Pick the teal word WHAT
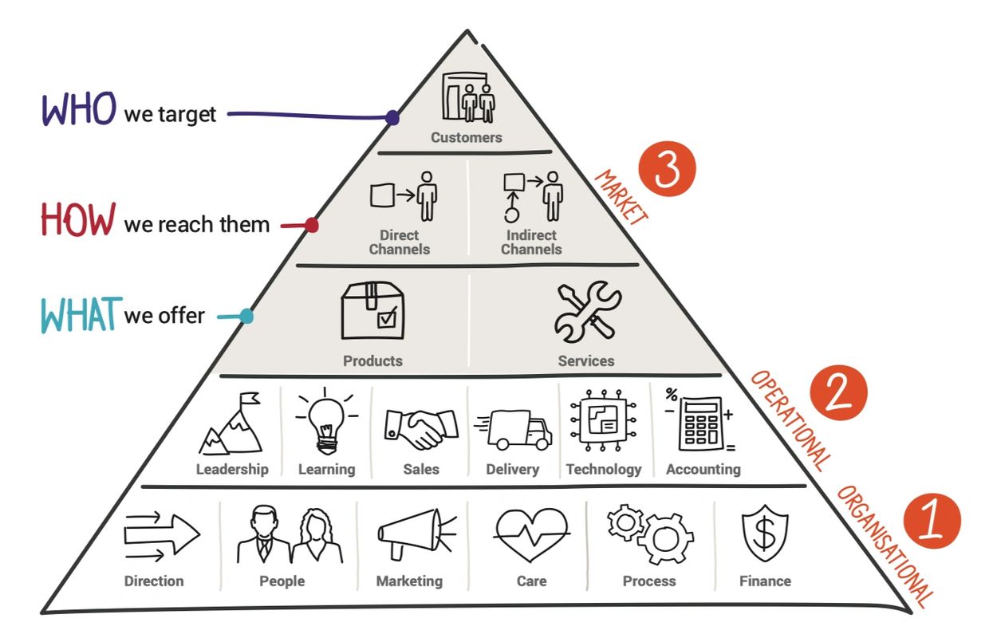tap(81, 314)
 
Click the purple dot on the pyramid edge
tap(392, 118)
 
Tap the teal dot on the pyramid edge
tap(246, 317)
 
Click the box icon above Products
tap(372, 311)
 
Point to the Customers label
tap(467, 137)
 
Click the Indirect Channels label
tap(531, 242)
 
